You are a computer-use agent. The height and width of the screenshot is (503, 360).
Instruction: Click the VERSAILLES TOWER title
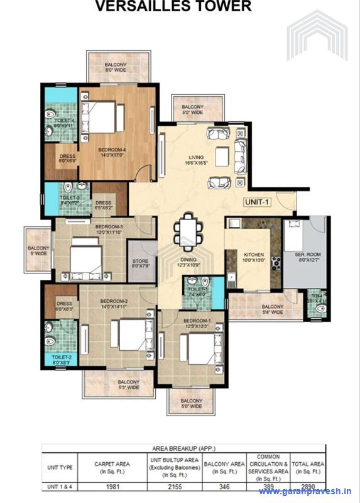click(173, 7)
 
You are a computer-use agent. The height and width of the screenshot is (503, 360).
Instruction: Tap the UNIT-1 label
click(258, 202)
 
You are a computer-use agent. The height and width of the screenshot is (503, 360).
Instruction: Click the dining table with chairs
click(188, 231)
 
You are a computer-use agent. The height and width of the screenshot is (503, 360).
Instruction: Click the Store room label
click(139, 263)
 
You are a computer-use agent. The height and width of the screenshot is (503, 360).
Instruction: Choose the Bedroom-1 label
click(195, 323)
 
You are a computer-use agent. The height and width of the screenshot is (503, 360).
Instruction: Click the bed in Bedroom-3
click(85, 260)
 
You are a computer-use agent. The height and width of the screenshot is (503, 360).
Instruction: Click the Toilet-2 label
click(62, 360)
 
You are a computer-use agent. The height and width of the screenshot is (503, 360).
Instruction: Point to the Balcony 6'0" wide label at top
click(116, 67)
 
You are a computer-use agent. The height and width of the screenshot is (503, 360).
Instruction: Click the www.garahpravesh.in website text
click(305, 492)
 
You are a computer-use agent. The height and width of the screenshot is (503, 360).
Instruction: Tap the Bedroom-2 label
click(114, 304)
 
